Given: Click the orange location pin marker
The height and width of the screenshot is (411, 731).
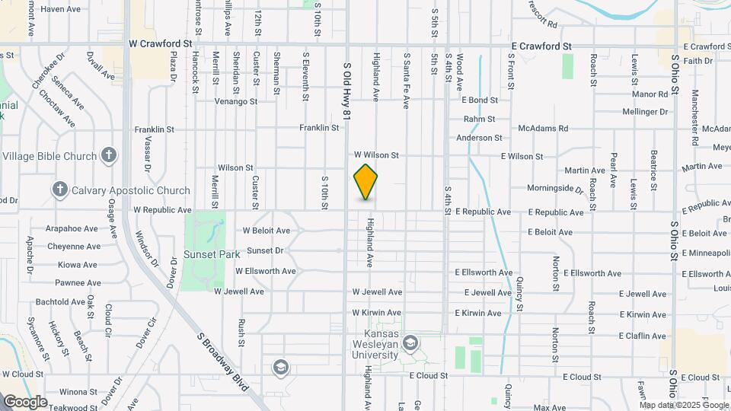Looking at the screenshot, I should tap(366, 182).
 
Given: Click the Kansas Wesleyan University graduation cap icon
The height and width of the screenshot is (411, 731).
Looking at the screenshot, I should tap(411, 343).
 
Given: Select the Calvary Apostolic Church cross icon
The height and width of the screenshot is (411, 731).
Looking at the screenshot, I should tap(60, 190).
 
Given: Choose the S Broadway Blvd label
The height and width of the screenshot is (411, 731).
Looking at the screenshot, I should tap(222, 362).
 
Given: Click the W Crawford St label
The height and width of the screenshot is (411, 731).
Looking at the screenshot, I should tap(161, 45).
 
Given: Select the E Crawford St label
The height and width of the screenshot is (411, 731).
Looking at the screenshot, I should tap(541, 46).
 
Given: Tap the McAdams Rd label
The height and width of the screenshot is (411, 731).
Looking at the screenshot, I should tap(543, 129).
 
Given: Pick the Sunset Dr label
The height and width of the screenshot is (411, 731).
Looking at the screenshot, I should tap(265, 250).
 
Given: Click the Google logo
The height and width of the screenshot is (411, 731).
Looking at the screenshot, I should tap(25, 401).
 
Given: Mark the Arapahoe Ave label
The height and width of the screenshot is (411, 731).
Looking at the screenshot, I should tap(72, 228).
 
